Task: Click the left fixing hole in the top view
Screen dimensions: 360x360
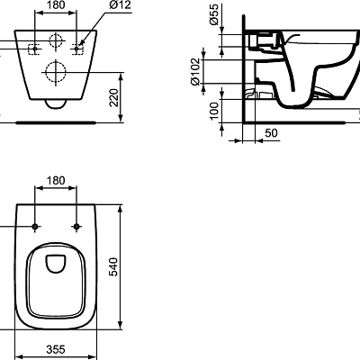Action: click(x=36, y=225)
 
